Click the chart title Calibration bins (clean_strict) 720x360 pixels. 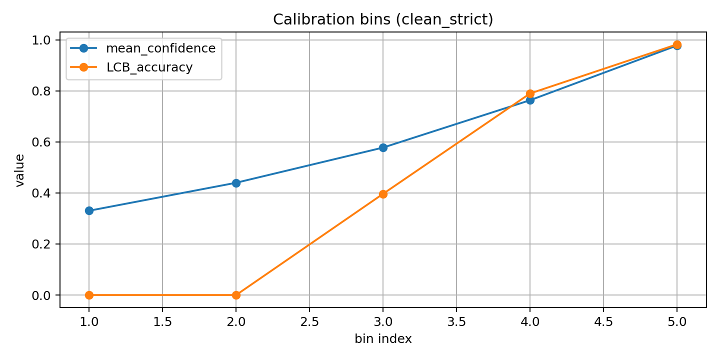coord(383,19)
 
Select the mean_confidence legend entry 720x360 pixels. coord(160,48)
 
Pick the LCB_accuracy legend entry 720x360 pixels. coord(149,67)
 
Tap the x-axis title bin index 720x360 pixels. coord(383,339)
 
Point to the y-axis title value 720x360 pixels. coord(20,170)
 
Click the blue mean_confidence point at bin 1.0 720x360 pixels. coord(89,210)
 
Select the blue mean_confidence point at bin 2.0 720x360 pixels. coord(236,183)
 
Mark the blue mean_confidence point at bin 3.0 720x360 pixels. coord(383,147)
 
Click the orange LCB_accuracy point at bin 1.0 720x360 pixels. coord(89,295)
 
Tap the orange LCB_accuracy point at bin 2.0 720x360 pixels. coord(236,295)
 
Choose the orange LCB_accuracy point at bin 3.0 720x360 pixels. coord(383,194)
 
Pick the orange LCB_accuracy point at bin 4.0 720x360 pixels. coord(530,93)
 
